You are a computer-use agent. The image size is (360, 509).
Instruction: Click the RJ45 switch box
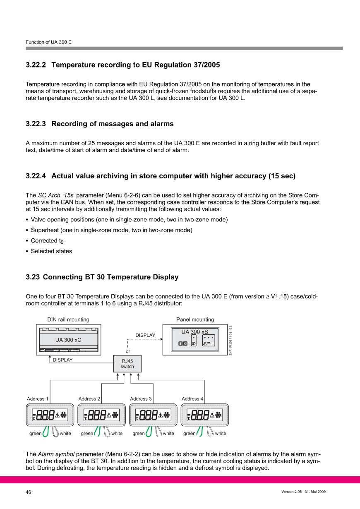click(127, 364)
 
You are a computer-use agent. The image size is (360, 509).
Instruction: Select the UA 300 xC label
click(68, 340)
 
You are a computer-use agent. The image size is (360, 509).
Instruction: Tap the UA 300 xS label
click(194, 332)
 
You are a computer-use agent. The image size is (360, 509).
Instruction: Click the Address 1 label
click(38, 399)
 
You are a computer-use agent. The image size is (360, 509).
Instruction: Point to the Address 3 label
click(141, 399)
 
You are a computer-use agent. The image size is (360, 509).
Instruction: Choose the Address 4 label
click(192, 399)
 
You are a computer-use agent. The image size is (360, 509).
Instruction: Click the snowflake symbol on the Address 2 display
click(115, 415)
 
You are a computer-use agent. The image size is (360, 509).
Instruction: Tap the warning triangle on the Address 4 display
click(212, 415)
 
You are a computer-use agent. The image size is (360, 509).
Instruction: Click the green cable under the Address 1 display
click(46, 432)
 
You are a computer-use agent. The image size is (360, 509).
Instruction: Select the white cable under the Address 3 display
click(158, 432)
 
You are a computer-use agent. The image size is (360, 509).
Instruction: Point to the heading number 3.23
click(33, 277)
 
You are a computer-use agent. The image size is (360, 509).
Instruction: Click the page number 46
click(29, 492)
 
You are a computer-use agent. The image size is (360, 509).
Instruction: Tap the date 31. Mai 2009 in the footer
click(315, 492)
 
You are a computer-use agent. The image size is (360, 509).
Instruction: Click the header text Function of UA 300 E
click(48, 42)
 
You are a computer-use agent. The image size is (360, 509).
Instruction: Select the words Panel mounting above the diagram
click(195, 319)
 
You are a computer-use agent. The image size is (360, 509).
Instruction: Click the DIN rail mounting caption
click(68, 319)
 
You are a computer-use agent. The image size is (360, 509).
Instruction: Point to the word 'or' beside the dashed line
click(128, 351)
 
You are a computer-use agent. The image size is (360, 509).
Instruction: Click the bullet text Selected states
click(51, 251)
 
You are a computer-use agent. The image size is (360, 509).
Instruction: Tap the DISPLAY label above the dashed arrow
click(145, 335)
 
